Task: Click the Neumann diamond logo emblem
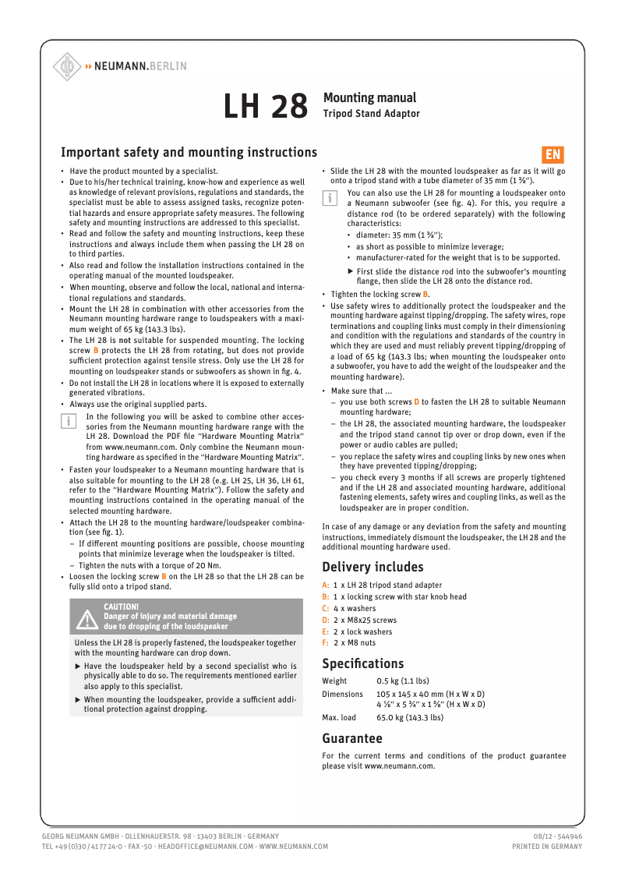67,67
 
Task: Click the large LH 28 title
266,108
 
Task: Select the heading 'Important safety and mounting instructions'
189,153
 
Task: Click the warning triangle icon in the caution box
86,617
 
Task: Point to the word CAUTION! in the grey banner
122,606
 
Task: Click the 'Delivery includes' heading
373,567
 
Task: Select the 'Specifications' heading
363,663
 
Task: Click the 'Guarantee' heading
352,737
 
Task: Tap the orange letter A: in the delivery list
326,585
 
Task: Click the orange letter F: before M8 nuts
326,643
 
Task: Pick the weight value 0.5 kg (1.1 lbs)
402,681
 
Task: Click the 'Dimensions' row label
342,694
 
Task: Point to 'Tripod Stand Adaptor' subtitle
372,114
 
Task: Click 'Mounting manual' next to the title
369,98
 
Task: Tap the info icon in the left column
68,421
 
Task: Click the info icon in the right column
329,197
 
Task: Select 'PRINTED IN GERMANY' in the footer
546,846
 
